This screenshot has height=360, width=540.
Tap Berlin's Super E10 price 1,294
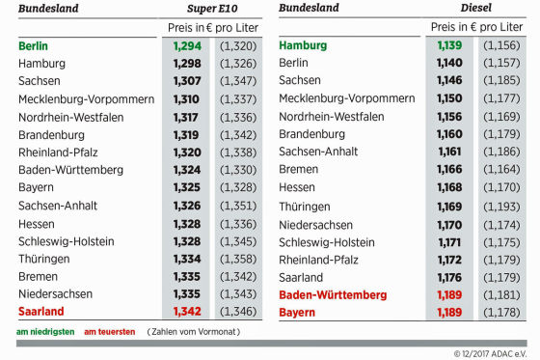[186, 45]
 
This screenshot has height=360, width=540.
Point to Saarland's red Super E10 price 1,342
[186, 312]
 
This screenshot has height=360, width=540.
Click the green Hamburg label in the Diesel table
[303, 45]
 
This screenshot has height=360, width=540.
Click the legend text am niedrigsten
[46, 332]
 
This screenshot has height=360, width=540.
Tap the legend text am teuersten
[109, 332]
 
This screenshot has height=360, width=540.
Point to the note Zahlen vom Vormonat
[192, 332]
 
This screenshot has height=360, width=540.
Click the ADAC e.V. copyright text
[492, 353]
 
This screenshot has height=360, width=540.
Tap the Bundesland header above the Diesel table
[309, 9]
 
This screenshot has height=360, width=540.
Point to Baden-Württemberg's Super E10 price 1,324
[186, 170]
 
